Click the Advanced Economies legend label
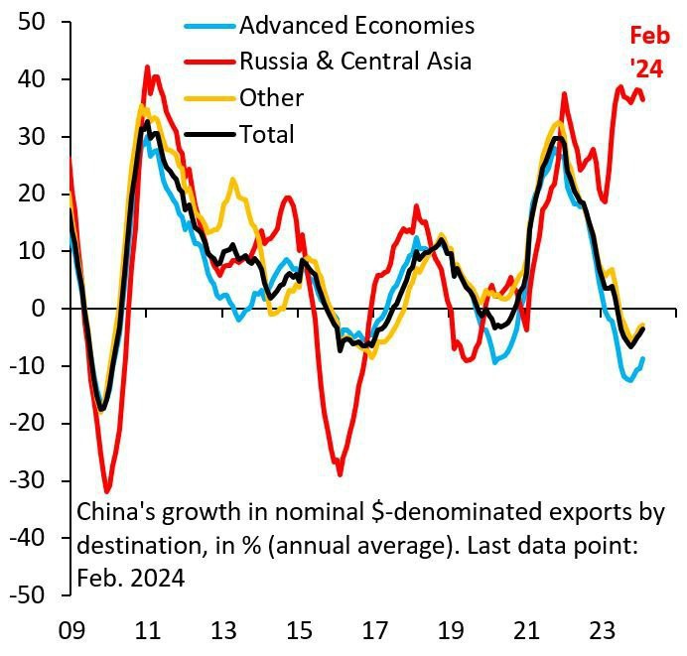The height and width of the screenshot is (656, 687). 356,25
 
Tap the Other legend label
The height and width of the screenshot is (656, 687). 271,97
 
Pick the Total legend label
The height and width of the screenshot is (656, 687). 267,134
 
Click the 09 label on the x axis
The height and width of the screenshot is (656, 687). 69,630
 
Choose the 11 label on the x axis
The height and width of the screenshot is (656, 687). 147,630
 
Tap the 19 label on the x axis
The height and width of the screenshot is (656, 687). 451,630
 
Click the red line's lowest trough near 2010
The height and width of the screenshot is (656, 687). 107,492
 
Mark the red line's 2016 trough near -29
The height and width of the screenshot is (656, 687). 340,474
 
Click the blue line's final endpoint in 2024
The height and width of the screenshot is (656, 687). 643,358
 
